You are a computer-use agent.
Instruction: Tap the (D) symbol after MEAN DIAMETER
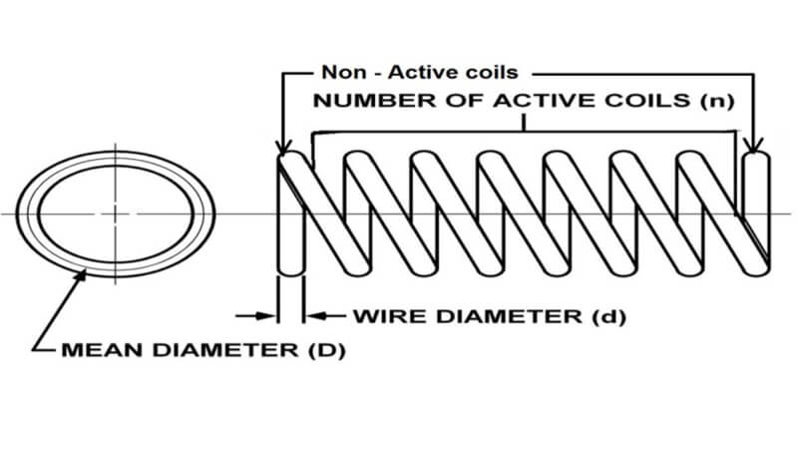tap(327, 350)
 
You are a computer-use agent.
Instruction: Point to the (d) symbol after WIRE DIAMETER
tap(609, 316)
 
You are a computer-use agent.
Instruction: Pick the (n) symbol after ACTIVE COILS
tap(717, 101)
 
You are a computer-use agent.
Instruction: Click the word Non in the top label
tap(343, 72)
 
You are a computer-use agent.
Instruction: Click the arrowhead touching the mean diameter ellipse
tap(80, 277)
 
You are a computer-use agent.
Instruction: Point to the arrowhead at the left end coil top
tap(283, 147)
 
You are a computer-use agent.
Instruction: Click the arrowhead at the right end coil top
tap(754, 145)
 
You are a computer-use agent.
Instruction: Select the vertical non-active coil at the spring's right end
tap(756, 214)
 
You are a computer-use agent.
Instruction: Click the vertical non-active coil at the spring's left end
tap(291, 214)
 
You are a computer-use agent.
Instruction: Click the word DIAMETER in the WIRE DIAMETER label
tap(510, 316)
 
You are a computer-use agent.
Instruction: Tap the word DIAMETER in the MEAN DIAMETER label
tap(225, 350)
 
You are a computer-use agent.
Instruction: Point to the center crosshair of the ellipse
tap(116, 214)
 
